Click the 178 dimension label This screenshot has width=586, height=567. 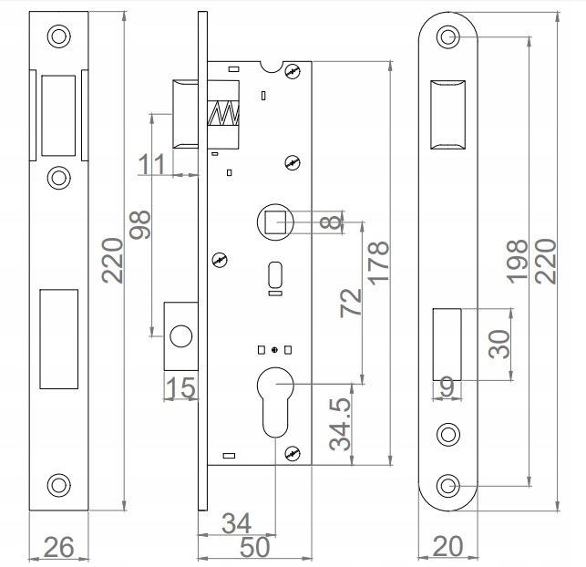(x=378, y=263)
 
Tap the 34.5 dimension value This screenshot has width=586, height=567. (x=340, y=424)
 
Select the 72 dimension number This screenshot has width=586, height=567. (x=351, y=303)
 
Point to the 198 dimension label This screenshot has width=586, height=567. (x=517, y=261)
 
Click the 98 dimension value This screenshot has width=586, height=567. (x=139, y=224)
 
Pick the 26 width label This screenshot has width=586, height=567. (x=59, y=547)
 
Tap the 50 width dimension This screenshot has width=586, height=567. (x=254, y=547)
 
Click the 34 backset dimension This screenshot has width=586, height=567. (x=237, y=523)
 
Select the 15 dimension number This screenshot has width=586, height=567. (x=180, y=387)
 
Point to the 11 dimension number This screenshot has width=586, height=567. (x=151, y=164)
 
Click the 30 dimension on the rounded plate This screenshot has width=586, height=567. (x=499, y=345)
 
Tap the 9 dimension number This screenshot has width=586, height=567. (x=447, y=387)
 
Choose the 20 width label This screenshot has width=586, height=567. (x=447, y=546)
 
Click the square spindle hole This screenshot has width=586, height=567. (x=275, y=222)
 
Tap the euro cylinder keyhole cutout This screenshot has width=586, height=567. (x=275, y=402)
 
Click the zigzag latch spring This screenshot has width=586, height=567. (x=223, y=113)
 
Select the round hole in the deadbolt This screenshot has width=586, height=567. (x=180, y=336)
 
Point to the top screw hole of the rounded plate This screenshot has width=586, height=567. (x=447, y=37)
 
